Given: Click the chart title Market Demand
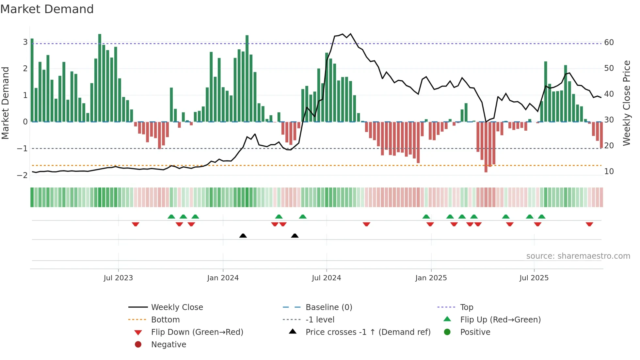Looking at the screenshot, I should [47, 9].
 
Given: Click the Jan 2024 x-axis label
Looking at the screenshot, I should [223, 278].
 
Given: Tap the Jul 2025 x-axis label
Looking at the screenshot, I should [534, 278].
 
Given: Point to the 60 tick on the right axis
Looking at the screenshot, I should [609, 42].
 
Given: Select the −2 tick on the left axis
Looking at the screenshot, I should [22, 175].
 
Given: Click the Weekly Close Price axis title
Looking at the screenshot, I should [626, 103].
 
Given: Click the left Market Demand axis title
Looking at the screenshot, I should [5, 103].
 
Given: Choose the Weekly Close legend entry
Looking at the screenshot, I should [177, 307].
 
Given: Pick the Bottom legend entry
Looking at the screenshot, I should [165, 320].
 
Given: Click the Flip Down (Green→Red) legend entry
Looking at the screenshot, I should [197, 332].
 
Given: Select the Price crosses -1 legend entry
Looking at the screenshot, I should [368, 332].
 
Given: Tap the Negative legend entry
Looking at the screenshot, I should [168, 345].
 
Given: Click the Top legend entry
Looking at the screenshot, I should [466, 307].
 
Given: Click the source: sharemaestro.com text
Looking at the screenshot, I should [578, 256].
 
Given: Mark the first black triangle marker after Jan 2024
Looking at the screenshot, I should [243, 236].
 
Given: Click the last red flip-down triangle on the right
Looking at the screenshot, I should [589, 224].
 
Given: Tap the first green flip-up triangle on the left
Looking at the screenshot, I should [171, 217].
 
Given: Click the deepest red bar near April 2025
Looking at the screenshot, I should [486, 147].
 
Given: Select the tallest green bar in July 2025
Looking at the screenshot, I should [546, 91].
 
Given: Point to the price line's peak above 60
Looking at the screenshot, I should [351, 34].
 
